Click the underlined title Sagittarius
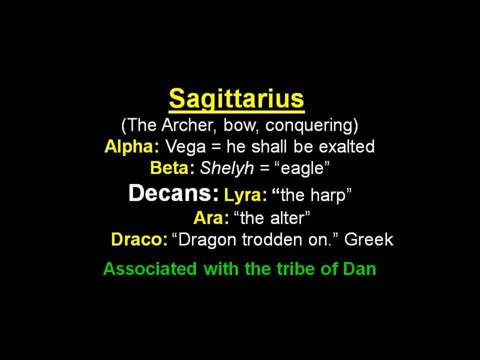pyautogui.click(x=236, y=99)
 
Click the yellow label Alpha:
pyautogui.click(x=132, y=147)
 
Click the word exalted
pyautogui.click(x=346, y=146)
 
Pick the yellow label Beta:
pyautogui.click(x=172, y=168)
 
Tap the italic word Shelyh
pyautogui.click(x=227, y=168)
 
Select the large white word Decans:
pyautogui.click(x=174, y=193)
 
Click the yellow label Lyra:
pyautogui.click(x=245, y=195)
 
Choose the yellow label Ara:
pyautogui.click(x=211, y=218)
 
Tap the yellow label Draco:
pyautogui.click(x=139, y=239)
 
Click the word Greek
pyautogui.click(x=369, y=239)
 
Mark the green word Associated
pyautogui.click(x=150, y=268)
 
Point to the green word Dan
pyautogui.click(x=359, y=268)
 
